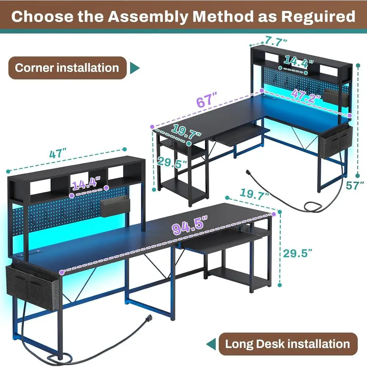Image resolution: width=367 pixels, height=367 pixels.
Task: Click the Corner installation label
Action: click(x=67, y=68)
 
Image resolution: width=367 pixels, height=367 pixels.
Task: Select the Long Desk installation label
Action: click(x=287, y=344)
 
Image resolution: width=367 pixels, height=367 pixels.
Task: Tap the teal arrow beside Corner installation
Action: click(x=135, y=68)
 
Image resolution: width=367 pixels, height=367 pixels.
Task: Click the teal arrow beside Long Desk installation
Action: click(x=211, y=344)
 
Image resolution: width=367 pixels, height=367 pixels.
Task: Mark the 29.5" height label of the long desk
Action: click(x=298, y=253)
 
